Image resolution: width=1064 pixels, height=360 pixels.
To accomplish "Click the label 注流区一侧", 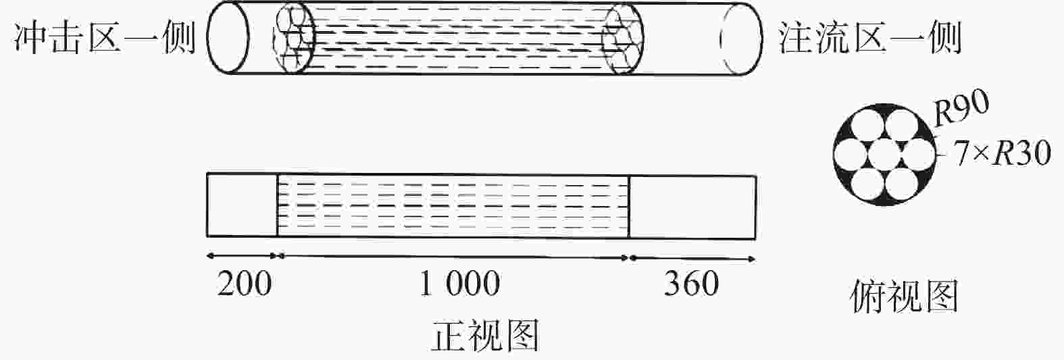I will [x=870, y=38].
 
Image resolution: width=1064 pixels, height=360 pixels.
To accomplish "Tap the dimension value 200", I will [x=245, y=284].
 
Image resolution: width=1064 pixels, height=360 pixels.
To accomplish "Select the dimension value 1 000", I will [x=460, y=284].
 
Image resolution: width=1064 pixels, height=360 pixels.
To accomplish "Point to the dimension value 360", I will [x=691, y=284].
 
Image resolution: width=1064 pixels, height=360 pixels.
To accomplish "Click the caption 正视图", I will [x=485, y=336].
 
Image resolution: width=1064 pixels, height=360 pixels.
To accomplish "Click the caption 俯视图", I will [x=905, y=298].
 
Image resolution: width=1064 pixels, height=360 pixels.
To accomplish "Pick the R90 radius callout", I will [x=961, y=109].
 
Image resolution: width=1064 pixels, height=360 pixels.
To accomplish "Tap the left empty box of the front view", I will [x=242, y=205].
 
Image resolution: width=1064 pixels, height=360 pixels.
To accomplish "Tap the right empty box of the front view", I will [x=692, y=206].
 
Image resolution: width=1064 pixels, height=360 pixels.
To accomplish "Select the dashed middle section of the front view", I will [x=453, y=205].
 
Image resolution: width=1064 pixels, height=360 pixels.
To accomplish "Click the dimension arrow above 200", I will [x=242, y=256].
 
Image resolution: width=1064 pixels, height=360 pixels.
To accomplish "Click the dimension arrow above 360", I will [x=692, y=257].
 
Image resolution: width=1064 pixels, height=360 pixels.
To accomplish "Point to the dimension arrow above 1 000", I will [x=453, y=256].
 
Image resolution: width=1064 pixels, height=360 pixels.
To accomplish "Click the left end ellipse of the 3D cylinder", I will [x=224, y=38].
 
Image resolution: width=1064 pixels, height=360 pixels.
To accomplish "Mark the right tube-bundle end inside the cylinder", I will [x=622, y=38].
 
